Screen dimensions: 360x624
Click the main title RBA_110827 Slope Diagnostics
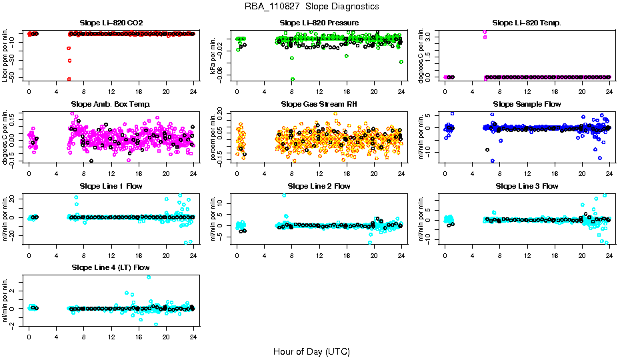point(311,6)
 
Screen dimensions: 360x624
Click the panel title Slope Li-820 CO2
point(111,23)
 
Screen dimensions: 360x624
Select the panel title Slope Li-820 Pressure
point(319,23)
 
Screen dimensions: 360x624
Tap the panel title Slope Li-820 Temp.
point(527,23)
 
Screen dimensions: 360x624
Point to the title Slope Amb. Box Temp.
point(111,104)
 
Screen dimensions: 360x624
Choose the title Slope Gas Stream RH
point(319,104)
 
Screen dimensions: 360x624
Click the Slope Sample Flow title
point(527,104)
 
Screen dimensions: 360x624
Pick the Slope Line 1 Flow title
point(111,185)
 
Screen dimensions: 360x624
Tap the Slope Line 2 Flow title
point(319,185)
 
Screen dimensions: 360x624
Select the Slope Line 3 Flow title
point(527,185)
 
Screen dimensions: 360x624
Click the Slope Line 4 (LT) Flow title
point(111,267)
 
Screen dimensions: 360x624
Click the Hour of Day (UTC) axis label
point(311,351)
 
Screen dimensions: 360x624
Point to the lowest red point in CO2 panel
point(69,79)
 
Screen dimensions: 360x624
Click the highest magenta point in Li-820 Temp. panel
point(485,31)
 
